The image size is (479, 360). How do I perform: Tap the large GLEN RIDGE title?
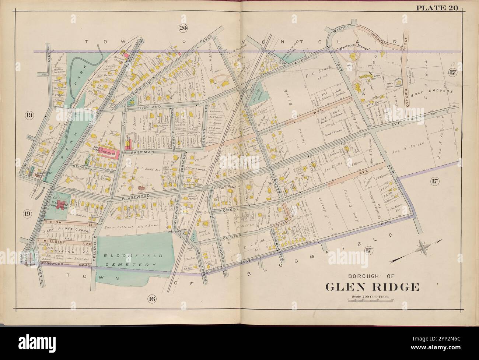372,286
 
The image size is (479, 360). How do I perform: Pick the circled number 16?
152,299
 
